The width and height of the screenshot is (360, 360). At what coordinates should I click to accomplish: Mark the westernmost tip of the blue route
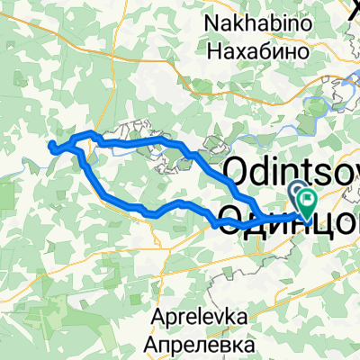[x=50, y=144]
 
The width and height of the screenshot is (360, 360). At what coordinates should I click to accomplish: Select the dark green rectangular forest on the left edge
[x=7, y=165]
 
